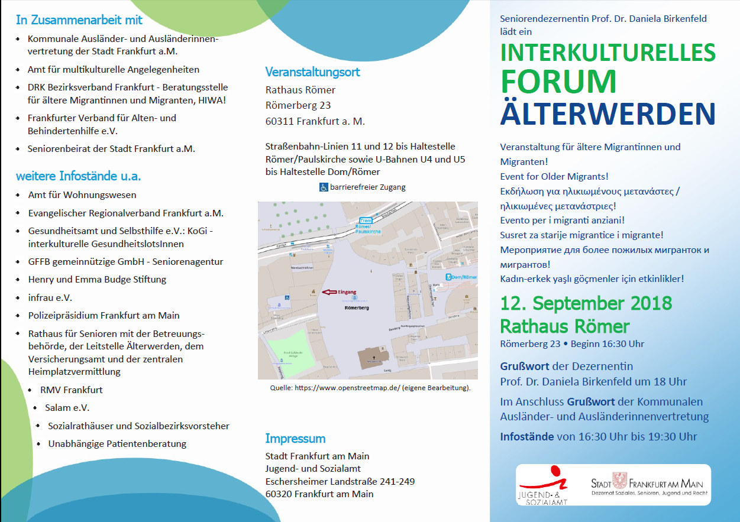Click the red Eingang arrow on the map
328,291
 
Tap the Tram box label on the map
365,221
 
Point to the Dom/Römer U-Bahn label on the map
461,277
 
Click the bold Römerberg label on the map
356,308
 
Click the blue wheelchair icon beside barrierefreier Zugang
324,187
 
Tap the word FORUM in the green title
559,82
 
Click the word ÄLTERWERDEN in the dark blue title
607,114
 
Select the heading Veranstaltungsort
312,72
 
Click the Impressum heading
295,439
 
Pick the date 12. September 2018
586,304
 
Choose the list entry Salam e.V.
67,407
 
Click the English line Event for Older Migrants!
554,176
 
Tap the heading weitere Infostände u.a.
79,176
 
